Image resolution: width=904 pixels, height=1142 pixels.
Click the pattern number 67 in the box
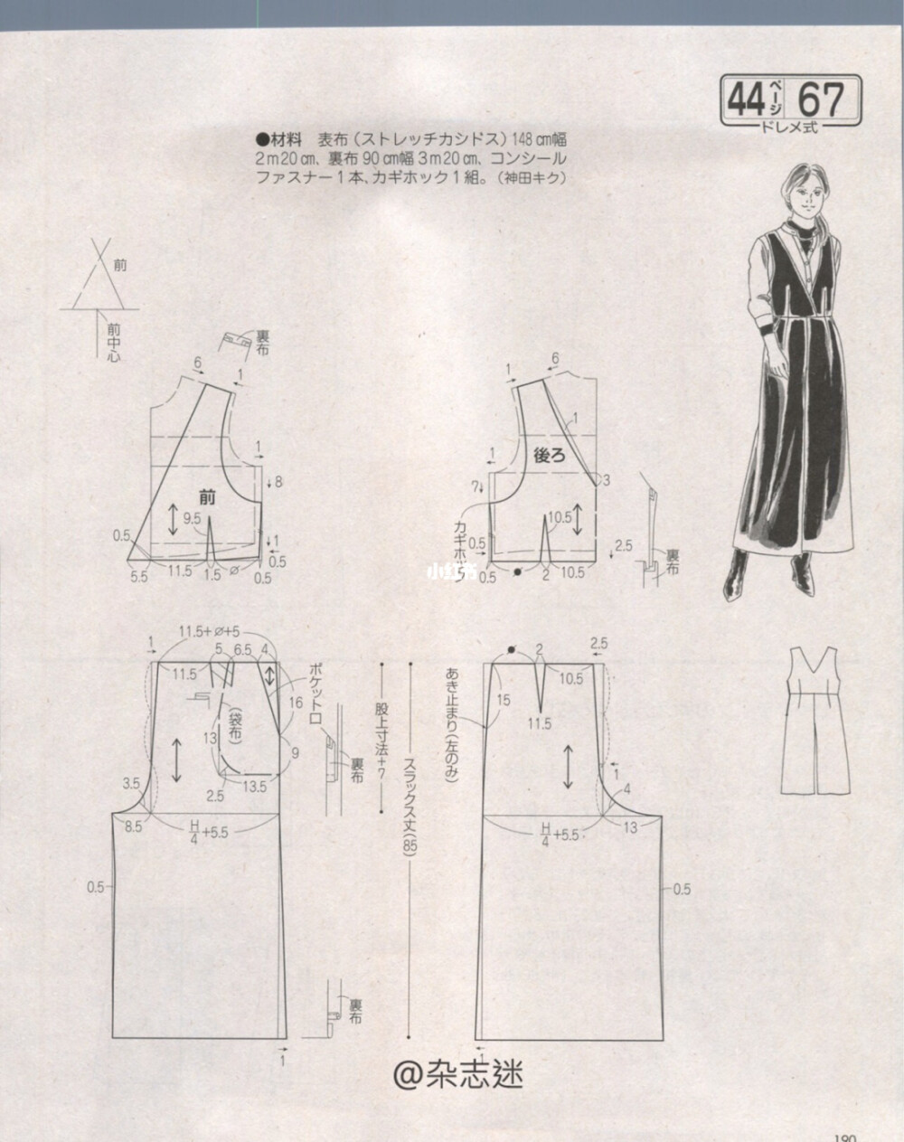(822, 99)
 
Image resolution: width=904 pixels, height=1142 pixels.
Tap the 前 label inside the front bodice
(207, 495)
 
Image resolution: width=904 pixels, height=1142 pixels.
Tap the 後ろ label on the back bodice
(551, 457)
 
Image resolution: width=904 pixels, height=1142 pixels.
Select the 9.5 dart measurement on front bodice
(192, 519)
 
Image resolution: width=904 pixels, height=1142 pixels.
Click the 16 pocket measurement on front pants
(296, 702)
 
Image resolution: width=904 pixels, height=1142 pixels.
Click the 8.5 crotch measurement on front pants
(134, 826)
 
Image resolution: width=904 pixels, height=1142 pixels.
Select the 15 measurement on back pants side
(503, 700)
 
